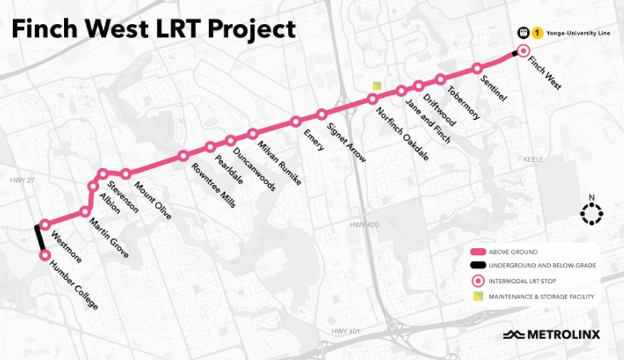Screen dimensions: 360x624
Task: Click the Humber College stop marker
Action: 45,255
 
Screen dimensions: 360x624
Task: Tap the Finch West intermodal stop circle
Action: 523,51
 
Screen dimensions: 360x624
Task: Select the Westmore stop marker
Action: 45,225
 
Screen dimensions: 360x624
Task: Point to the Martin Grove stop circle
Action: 86,212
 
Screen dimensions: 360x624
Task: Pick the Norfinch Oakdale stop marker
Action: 372,99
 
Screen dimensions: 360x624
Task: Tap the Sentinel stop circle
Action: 477,69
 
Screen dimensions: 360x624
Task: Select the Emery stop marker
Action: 296,122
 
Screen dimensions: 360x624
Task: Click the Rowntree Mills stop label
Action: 213,185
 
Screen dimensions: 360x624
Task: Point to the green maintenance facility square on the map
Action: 377,86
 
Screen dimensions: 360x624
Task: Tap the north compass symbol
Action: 592,213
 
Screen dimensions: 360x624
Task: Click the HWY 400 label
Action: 364,225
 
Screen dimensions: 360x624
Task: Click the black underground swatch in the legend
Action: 477,265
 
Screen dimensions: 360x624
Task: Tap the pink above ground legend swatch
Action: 477,252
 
